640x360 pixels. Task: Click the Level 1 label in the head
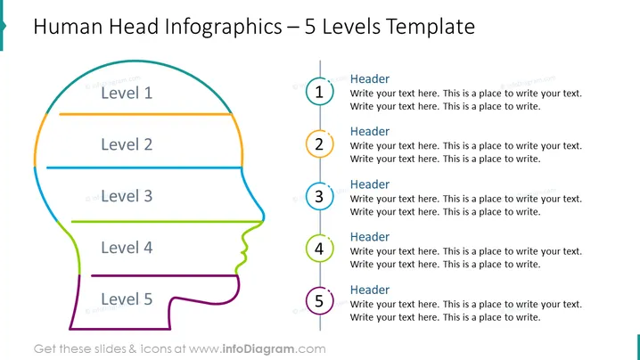tap(127, 93)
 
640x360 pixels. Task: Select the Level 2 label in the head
tap(127, 144)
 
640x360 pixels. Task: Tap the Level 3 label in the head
tap(127, 196)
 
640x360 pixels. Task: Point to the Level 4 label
tap(127, 248)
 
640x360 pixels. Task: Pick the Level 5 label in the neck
tap(127, 299)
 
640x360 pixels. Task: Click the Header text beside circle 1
tap(370, 78)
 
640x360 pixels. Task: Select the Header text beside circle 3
tap(370, 184)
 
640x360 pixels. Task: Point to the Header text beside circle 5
tap(370, 290)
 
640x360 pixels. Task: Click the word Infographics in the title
tap(223, 28)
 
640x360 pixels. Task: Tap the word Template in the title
tap(431, 27)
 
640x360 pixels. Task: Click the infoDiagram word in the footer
tap(258, 349)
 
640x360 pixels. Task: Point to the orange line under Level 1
tap(145, 114)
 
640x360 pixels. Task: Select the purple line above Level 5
tap(165, 275)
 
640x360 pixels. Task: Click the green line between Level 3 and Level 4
tap(168, 222)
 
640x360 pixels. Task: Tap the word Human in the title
tap(68, 27)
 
